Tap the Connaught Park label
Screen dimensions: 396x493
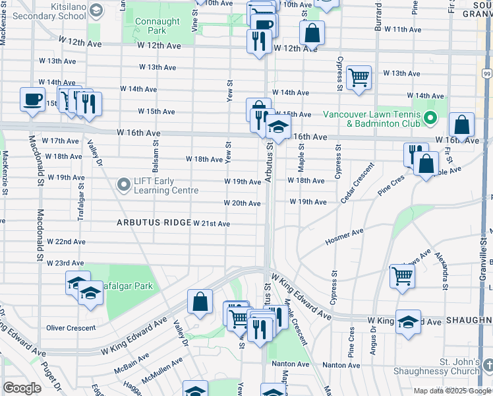pos(157,26)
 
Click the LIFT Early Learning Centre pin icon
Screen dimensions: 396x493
pos(123,185)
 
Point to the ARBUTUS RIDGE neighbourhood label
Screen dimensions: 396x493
pos(154,223)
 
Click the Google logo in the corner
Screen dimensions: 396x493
pos(22,388)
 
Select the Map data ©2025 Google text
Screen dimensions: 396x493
pos(451,391)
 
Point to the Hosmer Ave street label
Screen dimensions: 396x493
pos(345,238)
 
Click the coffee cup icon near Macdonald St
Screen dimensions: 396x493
pos(32,100)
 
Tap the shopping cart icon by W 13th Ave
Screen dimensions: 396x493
pos(359,77)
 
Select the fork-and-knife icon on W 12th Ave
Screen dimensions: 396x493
pos(256,42)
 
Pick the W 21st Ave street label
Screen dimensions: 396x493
pos(212,224)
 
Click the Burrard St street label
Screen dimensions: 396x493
pos(378,15)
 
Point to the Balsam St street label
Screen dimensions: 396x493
pos(156,149)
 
